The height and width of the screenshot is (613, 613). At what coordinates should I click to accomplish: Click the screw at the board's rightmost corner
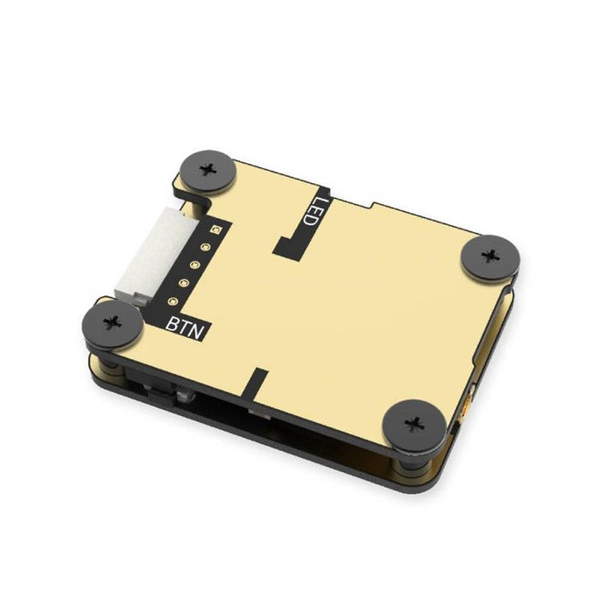click(x=490, y=257)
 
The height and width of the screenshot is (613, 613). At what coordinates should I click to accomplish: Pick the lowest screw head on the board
click(x=414, y=426)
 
